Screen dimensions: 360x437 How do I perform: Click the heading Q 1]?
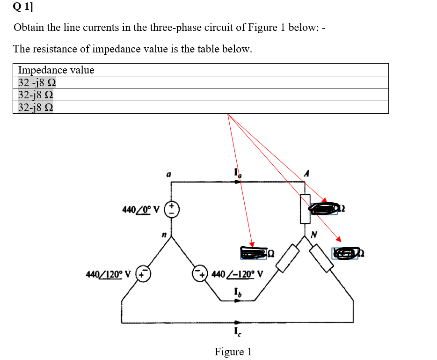(x=23, y=7)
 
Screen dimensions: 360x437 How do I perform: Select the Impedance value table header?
(x=56, y=70)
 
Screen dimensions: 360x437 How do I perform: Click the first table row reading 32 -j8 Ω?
(x=37, y=83)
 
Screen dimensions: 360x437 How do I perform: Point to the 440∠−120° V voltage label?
(x=238, y=273)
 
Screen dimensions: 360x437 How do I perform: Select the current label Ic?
(x=238, y=332)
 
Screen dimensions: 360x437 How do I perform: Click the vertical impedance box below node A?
(x=306, y=208)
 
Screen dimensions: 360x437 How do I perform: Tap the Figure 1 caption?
(x=233, y=352)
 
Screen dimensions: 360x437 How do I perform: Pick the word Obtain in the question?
(x=29, y=27)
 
